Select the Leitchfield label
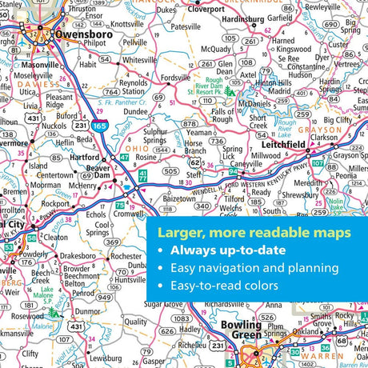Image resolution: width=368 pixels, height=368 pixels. [x=282, y=145]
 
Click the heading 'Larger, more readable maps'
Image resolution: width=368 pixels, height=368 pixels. [x=253, y=234]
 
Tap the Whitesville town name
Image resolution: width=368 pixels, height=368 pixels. [x=138, y=60]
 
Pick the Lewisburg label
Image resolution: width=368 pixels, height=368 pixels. [x=84, y=358]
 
